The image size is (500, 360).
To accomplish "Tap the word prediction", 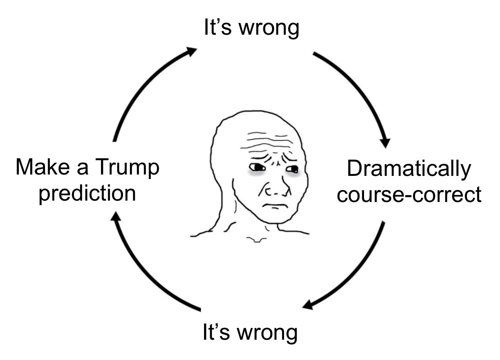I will [x=87, y=193].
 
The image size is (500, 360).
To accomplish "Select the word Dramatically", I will [x=409, y=169].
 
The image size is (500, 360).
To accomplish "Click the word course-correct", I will [x=409, y=194].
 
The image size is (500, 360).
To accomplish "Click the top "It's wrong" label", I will [x=251, y=27].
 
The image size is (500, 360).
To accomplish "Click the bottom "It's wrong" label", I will [x=250, y=333].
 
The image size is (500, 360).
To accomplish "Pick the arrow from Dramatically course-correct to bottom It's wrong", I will [x=357, y=271].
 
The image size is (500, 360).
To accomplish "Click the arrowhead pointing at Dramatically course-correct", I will [x=385, y=143].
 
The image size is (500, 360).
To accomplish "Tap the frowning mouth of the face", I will [x=275, y=206].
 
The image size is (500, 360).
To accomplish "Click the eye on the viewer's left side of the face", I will [x=258, y=168].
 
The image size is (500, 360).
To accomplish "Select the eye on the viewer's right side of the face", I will [x=293, y=169].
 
